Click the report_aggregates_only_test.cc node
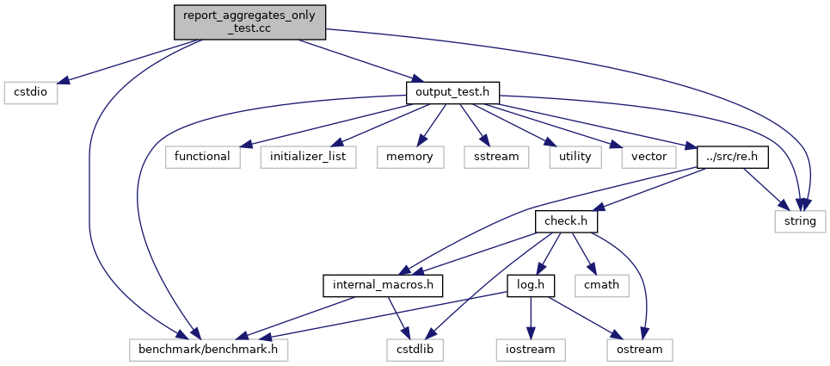[x=249, y=22]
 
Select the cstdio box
[x=31, y=93]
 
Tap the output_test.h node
[x=452, y=93]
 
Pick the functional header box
[x=203, y=158]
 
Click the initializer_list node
[x=308, y=158]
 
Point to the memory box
[x=410, y=158]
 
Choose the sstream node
[x=496, y=158]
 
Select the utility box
[x=575, y=158]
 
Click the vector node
[x=649, y=158]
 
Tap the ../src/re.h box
[x=733, y=158]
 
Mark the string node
[x=800, y=221]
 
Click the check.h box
[x=567, y=221]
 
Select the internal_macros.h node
[x=383, y=286]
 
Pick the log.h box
[x=531, y=286]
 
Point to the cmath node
[x=602, y=286]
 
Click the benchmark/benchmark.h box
[x=208, y=350]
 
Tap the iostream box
[x=531, y=350]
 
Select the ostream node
[x=640, y=350]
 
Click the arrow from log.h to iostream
[x=531, y=319]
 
